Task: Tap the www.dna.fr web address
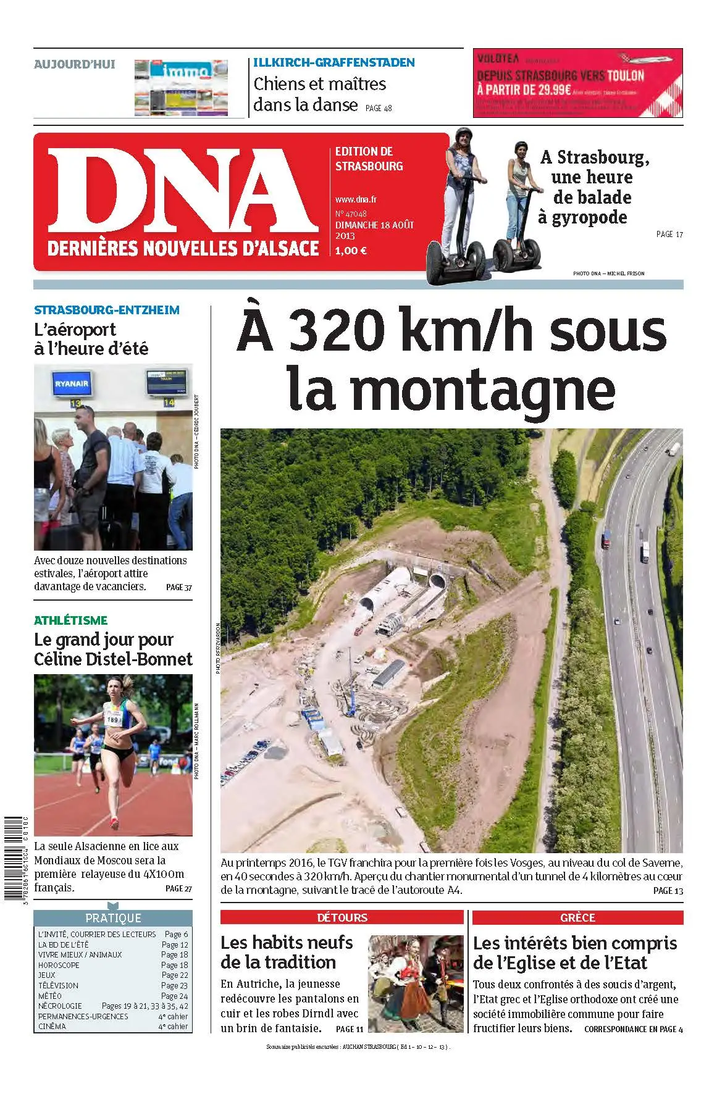tap(356, 199)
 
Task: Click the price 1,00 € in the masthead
tap(351, 251)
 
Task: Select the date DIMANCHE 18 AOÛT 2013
tap(374, 230)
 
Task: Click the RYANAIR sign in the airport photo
tap(72, 384)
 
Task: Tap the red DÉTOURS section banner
tap(342, 917)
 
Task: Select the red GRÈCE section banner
tap(577, 917)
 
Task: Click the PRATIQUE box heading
tap(113, 918)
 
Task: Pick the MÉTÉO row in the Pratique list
tap(50, 996)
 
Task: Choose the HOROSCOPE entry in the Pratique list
tap(59, 965)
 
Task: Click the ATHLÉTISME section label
tap(71, 620)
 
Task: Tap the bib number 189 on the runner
tap(112, 719)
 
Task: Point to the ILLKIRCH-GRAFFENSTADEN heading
tap(334, 62)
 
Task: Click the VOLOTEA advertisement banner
tap(577, 83)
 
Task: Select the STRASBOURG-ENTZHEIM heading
tap(107, 310)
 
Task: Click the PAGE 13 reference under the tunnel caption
tap(668, 890)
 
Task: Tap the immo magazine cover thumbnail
tap(181, 88)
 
